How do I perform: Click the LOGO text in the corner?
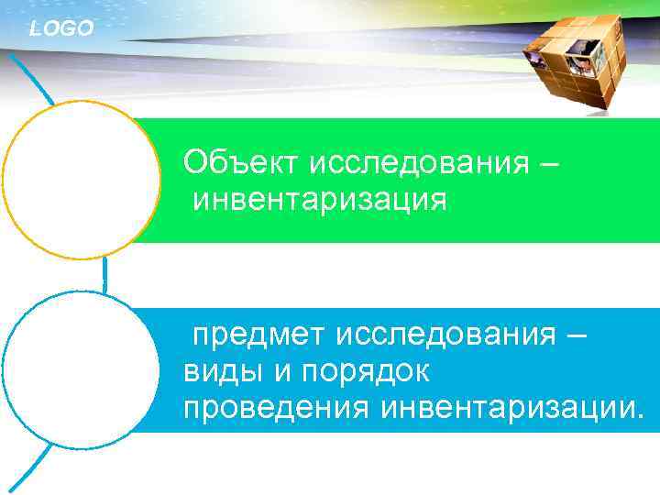pyautogui.click(x=61, y=29)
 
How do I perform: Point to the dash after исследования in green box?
pyautogui.click(x=548, y=165)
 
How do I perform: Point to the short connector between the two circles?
pyautogui.click(x=104, y=275)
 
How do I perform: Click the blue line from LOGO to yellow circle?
pyautogui.click(x=32, y=77)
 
